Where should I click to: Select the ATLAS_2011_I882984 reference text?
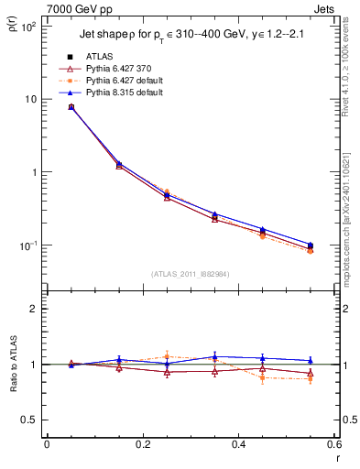tap(190, 274)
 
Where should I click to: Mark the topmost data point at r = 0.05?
tap(71, 107)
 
